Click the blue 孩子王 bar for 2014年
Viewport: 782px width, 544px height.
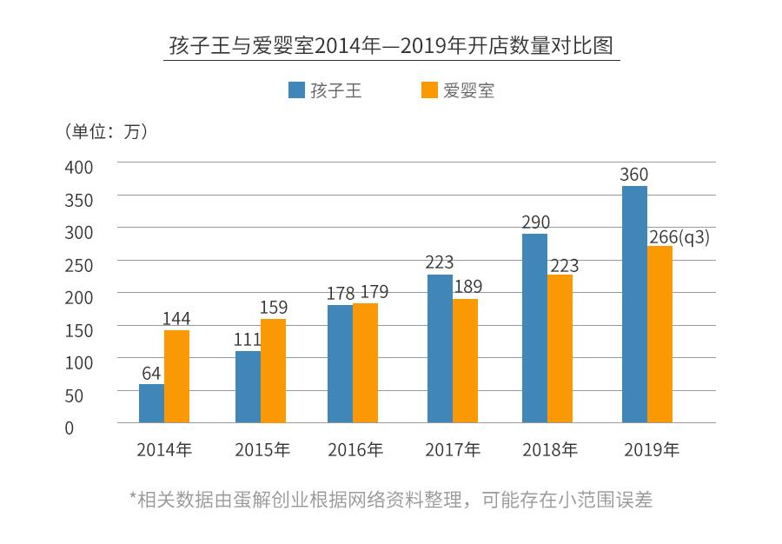[x=151, y=403]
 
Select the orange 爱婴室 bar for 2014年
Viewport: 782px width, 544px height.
[x=176, y=376]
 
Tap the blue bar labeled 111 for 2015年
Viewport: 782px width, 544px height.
[x=248, y=387]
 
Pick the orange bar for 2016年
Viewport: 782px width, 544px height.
[x=365, y=363]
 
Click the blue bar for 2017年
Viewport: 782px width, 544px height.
[x=440, y=348]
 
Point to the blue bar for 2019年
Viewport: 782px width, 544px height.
[x=634, y=304]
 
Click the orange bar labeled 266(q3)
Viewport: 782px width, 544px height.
[x=659, y=335]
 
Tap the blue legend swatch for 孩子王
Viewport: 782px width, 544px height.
[x=296, y=90]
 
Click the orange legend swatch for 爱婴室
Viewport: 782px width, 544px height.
[x=428, y=90]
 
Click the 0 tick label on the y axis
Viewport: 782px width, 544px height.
[x=69, y=428]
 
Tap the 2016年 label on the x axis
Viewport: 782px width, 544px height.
[x=355, y=450]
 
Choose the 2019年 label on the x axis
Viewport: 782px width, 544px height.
[x=652, y=450]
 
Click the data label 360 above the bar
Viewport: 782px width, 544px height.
[x=633, y=175]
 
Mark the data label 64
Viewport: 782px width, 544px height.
[x=151, y=374]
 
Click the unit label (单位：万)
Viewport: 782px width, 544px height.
[x=106, y=131]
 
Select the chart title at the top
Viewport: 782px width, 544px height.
[x=391, y=45]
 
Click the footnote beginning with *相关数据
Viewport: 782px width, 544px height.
[x=391, y=500]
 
